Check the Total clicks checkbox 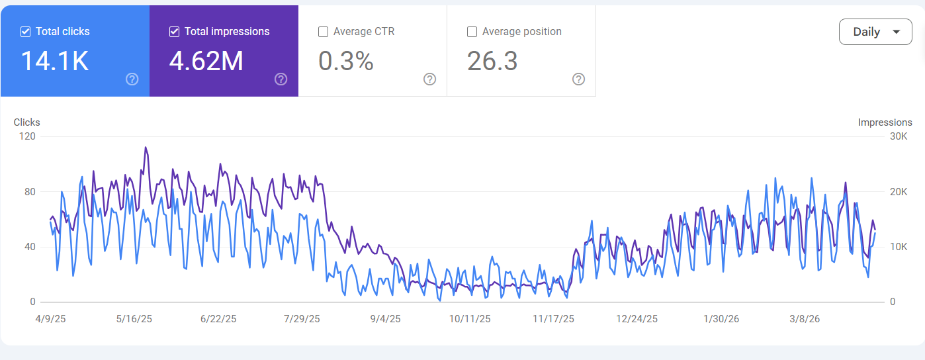pyautogui.click(x=25, y=31)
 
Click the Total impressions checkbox pyautogui.click(x=175, y=31)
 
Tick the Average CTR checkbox pyautogui.click(x=324, y=31)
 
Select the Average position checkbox pyautogui.click(x=472, y=31)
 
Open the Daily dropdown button pyautogui.click(x=875, y=32)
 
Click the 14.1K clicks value pyautogui.click(x=54, y=61)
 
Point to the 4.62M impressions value pyautogui.click(x=206, y=61)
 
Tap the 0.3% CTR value pyautogui.click(x=346, y=61)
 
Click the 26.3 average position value pyautogui.click(x=492, y=61)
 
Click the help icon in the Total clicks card pyautogui.click(x=132, y=79)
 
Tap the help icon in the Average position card pyautogui.click(x=578, y=79)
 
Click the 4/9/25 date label pyautogui.click(x=50, y=319)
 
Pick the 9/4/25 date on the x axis pyautogui.click(x=384, y=319)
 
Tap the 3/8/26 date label pyautogui.click(x=804, y=319)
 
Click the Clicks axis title pyautogui.click(x=27, y=122)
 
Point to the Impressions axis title pyautogui.click(x=885, y=122)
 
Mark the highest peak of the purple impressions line pyautogui.click(x=146, y=148)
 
